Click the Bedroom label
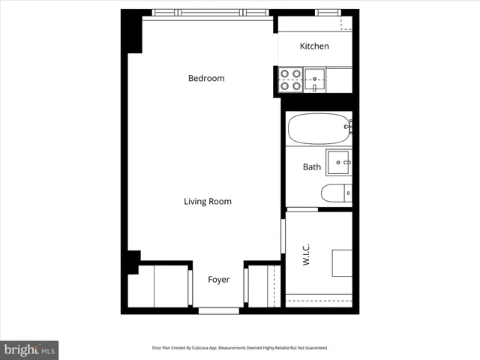coord(206,78)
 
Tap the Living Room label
coord(208,201)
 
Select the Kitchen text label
coord(314,46)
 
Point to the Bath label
coord(312,167)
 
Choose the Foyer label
coord(218,280)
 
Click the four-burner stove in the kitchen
coord(290,79)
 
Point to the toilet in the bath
coord(336,193)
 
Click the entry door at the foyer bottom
coord(218,310)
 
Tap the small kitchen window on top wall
coord(328,12)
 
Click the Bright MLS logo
coord(29,349)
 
